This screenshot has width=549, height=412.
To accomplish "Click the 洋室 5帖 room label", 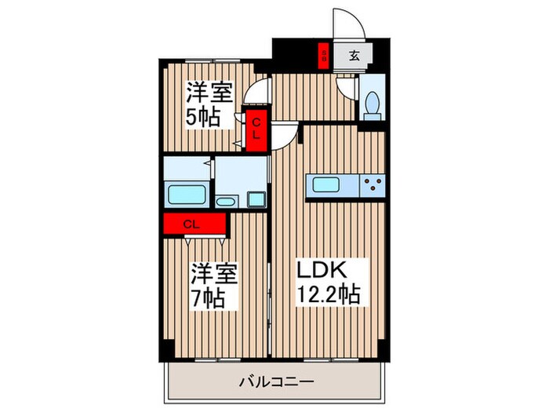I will [209, 105].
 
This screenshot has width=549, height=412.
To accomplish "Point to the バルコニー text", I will [276, 382].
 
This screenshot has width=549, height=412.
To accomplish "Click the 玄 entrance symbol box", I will [354, 56].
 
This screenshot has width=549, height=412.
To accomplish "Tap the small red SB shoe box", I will [322, 56].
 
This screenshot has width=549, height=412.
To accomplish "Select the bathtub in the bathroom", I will [187, 193].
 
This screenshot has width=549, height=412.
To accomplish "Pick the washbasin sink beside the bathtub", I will [225, 202].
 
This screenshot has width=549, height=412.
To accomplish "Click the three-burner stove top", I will [373, 185].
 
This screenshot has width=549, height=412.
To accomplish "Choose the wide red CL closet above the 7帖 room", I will [194, 224].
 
